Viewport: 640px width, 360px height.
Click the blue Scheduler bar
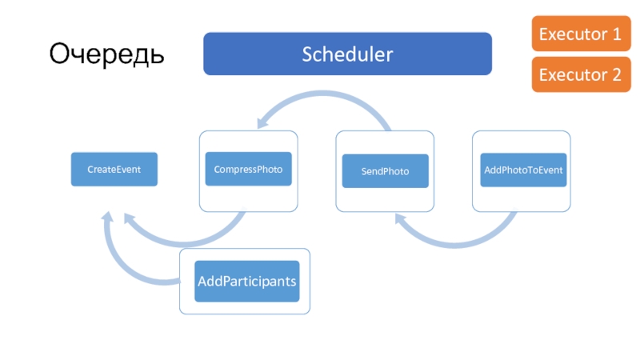347,54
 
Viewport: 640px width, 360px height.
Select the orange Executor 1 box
582,34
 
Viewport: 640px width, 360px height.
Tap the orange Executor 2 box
582,74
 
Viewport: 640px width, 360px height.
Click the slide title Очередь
106,54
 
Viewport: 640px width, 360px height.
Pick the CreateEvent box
114,170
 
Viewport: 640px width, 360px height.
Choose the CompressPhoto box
249,169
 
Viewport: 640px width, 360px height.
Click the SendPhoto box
386,171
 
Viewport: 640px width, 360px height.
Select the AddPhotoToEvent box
523,170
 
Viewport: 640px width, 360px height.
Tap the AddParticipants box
247,282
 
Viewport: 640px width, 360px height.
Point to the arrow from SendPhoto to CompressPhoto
322,94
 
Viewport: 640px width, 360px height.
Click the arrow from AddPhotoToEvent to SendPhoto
455,245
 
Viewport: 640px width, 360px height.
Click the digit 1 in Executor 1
616,34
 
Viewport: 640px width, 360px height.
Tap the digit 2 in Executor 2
616,74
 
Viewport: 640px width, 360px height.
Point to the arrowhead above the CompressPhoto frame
262,121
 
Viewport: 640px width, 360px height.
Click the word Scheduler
347,54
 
